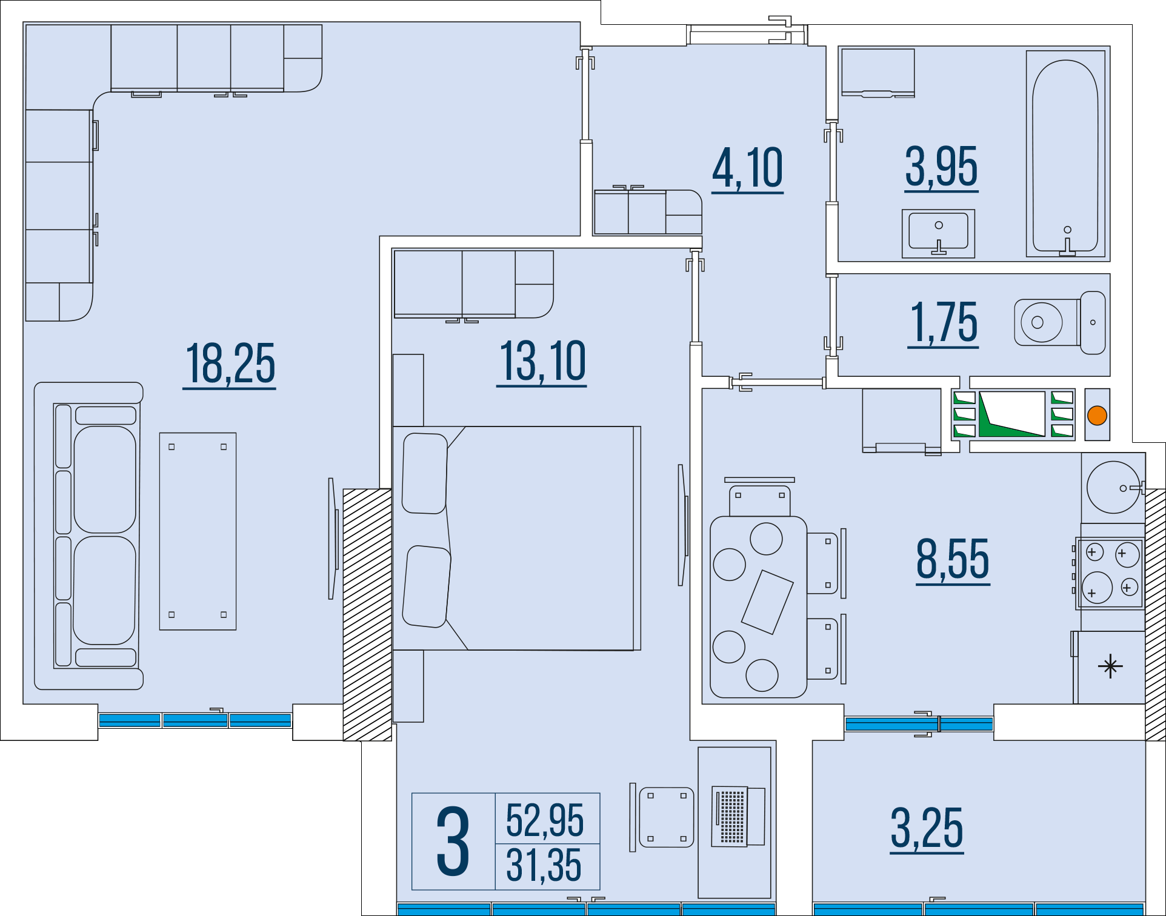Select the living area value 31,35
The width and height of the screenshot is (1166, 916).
[x=544, y=865]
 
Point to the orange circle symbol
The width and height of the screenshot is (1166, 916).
[x=1097, y=416]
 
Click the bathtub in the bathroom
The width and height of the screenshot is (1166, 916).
[x=1065, y=154]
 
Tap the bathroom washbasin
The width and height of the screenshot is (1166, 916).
[x=938, y=233]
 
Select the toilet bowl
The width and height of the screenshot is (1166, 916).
[x=1059, y=322]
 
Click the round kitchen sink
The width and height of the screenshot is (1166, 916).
[x=1113, y=487]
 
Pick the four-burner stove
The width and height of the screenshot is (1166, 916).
[x=1110, y=573]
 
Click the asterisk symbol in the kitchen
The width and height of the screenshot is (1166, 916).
[x=1110, y=666]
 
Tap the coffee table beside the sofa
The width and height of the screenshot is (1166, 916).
[x=198, y=531]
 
